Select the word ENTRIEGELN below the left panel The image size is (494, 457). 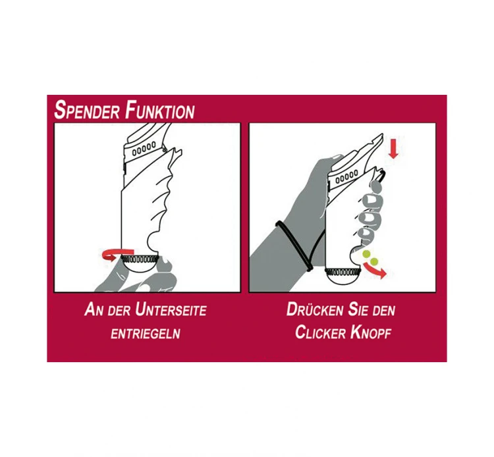point(145,333)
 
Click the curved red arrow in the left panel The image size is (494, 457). point(112,256)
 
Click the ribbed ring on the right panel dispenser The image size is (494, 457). point(344,270)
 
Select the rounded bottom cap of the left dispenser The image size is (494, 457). point(140,273)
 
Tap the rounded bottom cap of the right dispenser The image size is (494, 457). point(344,282)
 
